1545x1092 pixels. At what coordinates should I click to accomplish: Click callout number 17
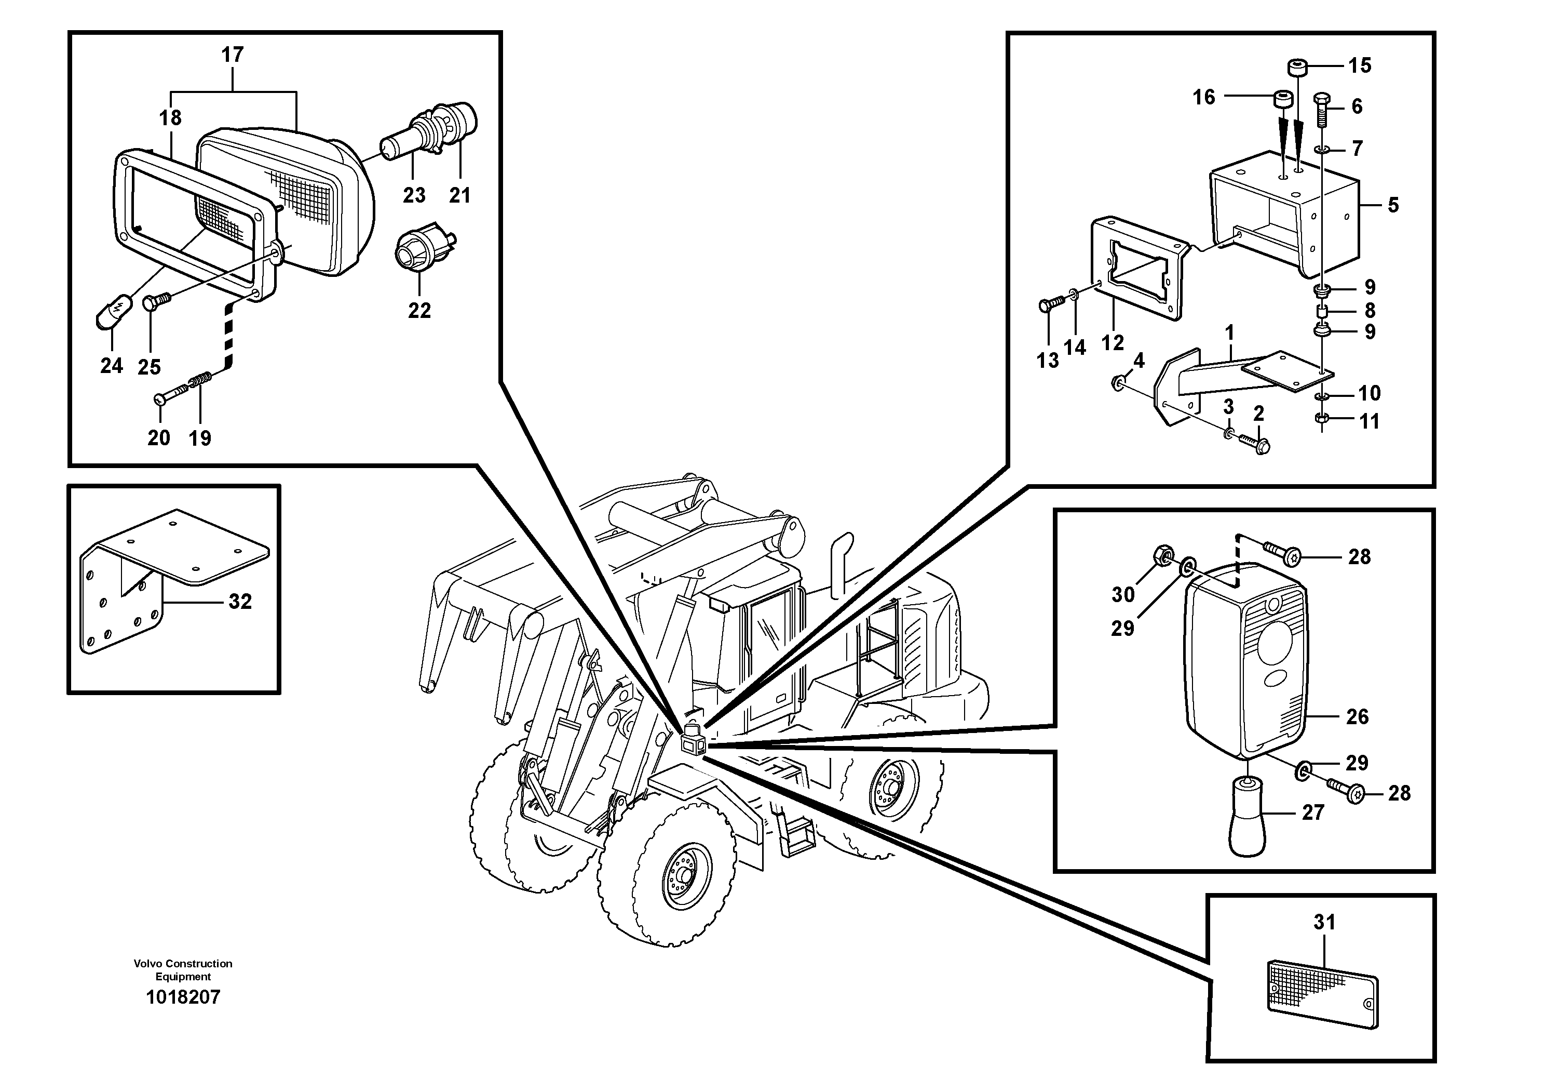[232, 55]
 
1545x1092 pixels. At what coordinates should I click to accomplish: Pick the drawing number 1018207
[183, 997]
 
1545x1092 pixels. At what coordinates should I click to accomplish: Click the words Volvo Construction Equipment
[183, 969]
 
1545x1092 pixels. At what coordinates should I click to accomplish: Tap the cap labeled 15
[1297, 68]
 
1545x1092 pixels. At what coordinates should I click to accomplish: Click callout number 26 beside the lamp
[1357, 717]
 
